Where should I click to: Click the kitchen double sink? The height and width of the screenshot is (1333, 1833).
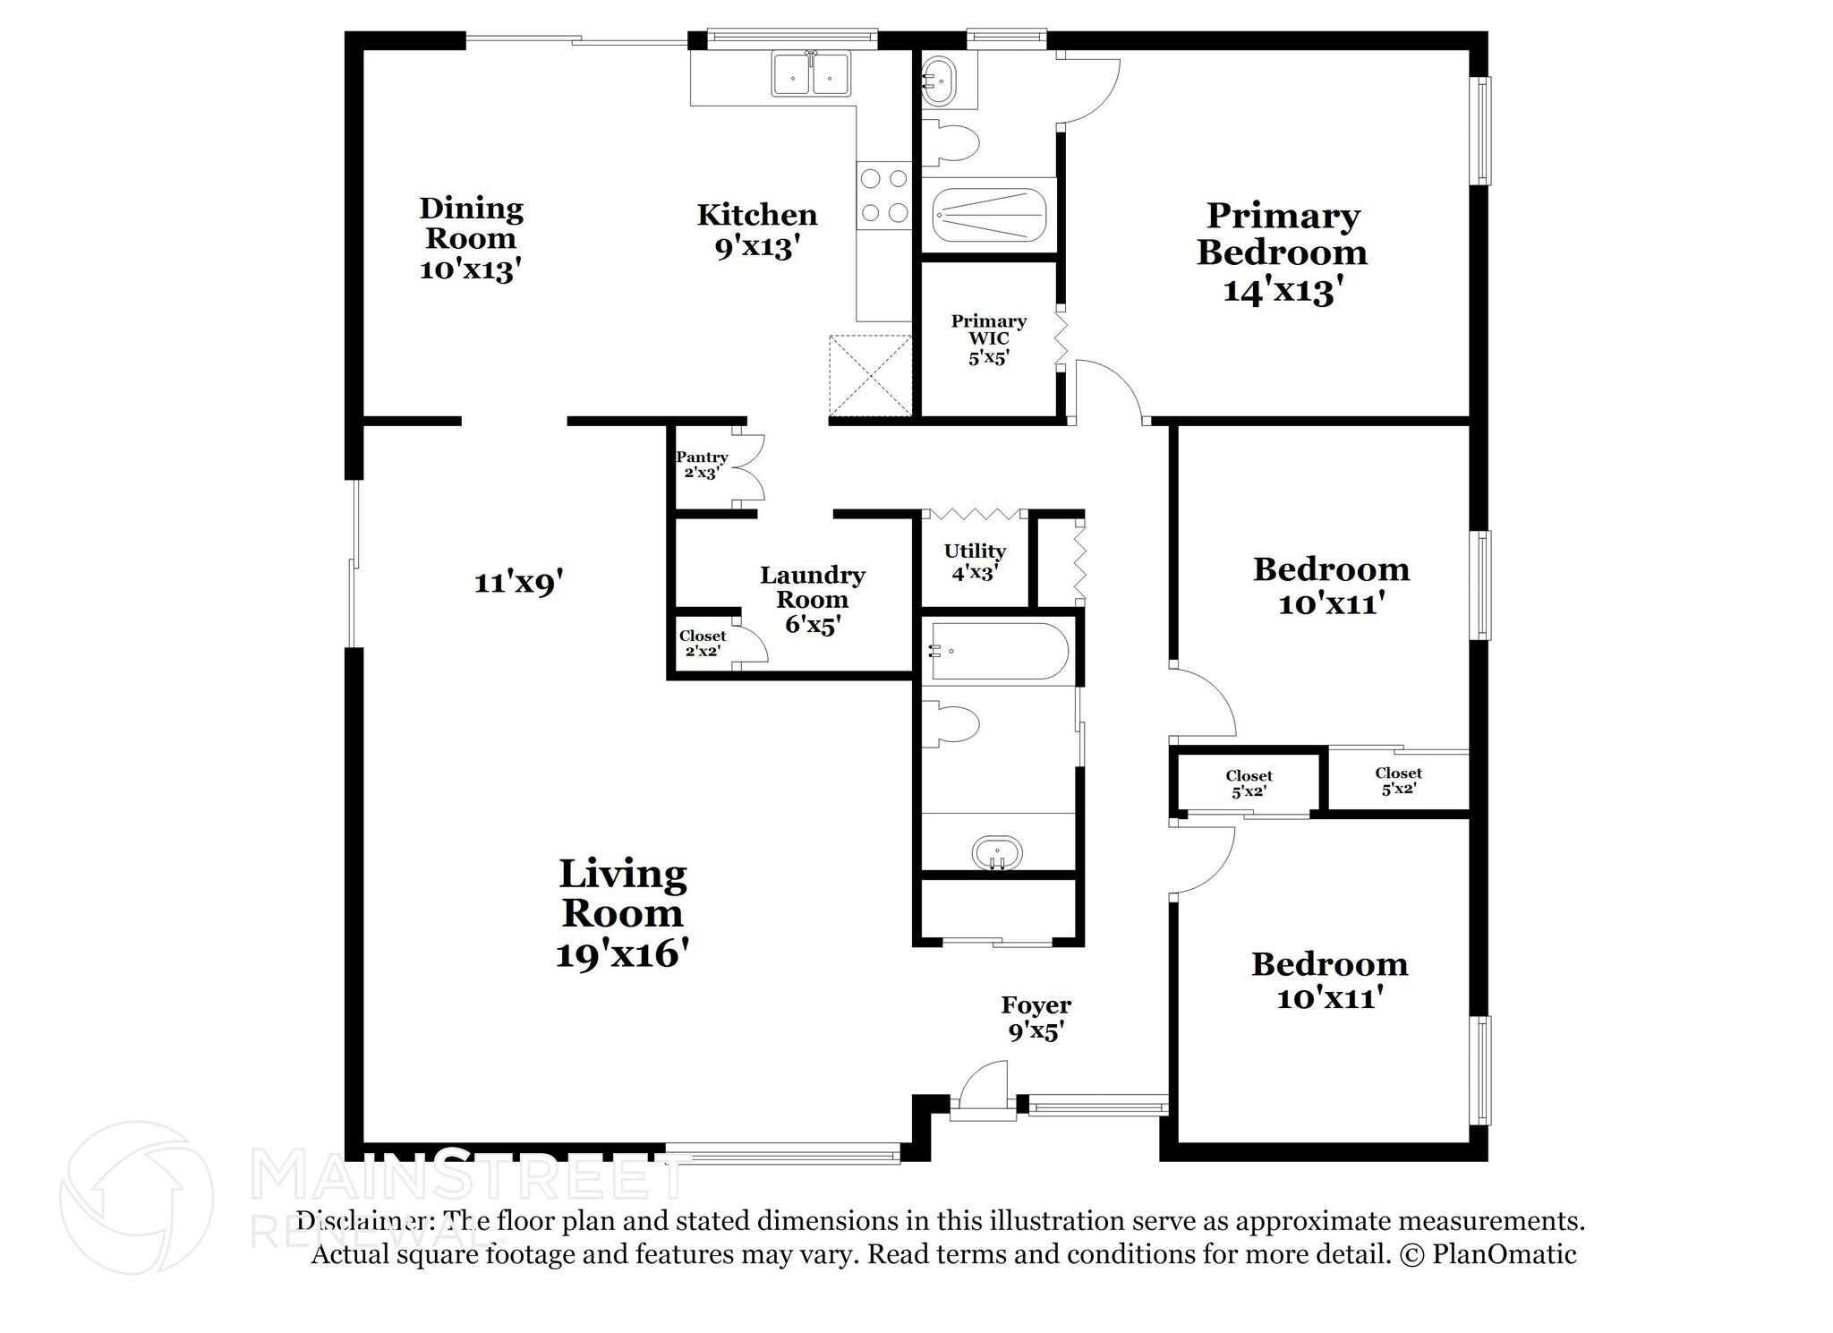(811, 74)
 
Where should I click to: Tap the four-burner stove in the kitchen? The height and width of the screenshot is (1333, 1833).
(883, 196)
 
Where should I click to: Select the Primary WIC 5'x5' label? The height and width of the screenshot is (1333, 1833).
(988, 339)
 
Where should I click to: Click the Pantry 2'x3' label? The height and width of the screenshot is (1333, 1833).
(702, 465)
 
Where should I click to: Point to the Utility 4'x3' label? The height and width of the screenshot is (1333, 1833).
(975, 561)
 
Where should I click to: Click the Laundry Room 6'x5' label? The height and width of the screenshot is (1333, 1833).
(812, 599)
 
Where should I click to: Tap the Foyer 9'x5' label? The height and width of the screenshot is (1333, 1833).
(1036, 1018)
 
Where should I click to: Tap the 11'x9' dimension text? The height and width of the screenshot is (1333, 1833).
(518, 583)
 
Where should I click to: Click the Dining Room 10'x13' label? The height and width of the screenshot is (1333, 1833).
(471, 238)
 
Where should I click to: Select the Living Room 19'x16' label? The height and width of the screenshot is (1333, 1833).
(622, 913)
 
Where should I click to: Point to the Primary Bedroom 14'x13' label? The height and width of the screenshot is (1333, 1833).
(1282, 252)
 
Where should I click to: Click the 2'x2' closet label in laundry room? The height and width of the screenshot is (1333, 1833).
(703, 643)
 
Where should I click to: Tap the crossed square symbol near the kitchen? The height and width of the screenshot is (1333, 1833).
(870, 375)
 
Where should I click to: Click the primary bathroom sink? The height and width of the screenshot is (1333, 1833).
(939, 79)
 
